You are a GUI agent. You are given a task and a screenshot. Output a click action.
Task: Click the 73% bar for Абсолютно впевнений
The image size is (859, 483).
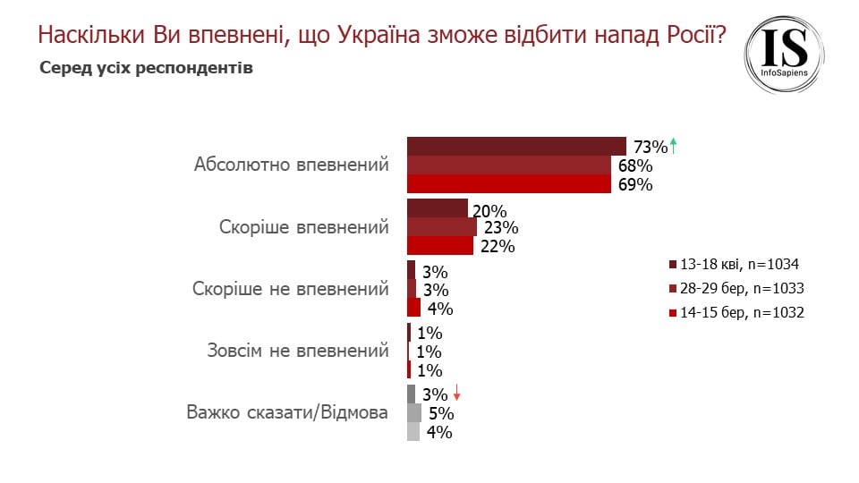coord(516,147)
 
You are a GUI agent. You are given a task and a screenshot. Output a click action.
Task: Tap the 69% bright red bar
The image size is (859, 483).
coord(511,184)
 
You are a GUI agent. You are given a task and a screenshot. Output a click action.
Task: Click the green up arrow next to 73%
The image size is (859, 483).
coord(674,145)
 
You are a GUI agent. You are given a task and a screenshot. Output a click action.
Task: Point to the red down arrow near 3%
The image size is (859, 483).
coord(457,393)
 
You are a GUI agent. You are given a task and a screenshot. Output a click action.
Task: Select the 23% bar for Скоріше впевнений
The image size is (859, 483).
coord(442,227)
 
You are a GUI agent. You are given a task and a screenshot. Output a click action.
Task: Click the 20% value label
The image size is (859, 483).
coord(489,212)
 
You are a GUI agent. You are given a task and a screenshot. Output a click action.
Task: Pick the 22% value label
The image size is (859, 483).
coord(497,247)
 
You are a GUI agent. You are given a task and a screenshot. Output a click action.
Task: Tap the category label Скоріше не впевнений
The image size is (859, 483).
coord(291,289)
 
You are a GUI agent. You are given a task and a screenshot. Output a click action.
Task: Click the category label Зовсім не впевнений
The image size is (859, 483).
coord(292,351)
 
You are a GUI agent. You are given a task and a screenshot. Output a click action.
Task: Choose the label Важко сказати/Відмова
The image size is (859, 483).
coord(287,413)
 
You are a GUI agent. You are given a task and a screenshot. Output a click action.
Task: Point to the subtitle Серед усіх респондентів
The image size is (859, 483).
coord(146,69)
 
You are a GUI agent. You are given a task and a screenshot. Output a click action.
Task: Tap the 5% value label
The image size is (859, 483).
coord(441,413)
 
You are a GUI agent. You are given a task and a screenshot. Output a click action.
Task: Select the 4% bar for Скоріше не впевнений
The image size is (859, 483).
coord(413,309)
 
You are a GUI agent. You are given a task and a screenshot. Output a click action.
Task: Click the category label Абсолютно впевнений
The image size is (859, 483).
coord(292,165)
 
